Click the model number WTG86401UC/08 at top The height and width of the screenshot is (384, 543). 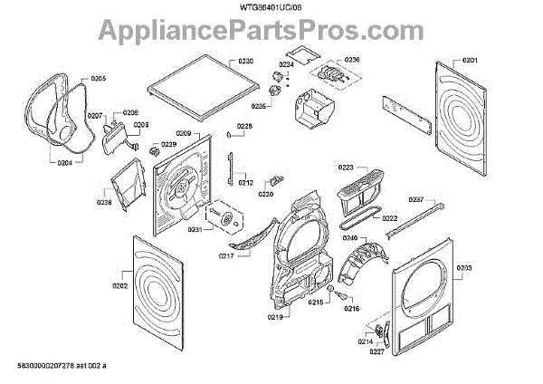point(271,8)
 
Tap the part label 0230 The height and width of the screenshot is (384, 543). point(247,61)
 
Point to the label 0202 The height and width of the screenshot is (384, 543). point(119,287)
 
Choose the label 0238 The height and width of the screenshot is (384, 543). point(105,203)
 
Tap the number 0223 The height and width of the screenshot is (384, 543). point(347,168)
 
